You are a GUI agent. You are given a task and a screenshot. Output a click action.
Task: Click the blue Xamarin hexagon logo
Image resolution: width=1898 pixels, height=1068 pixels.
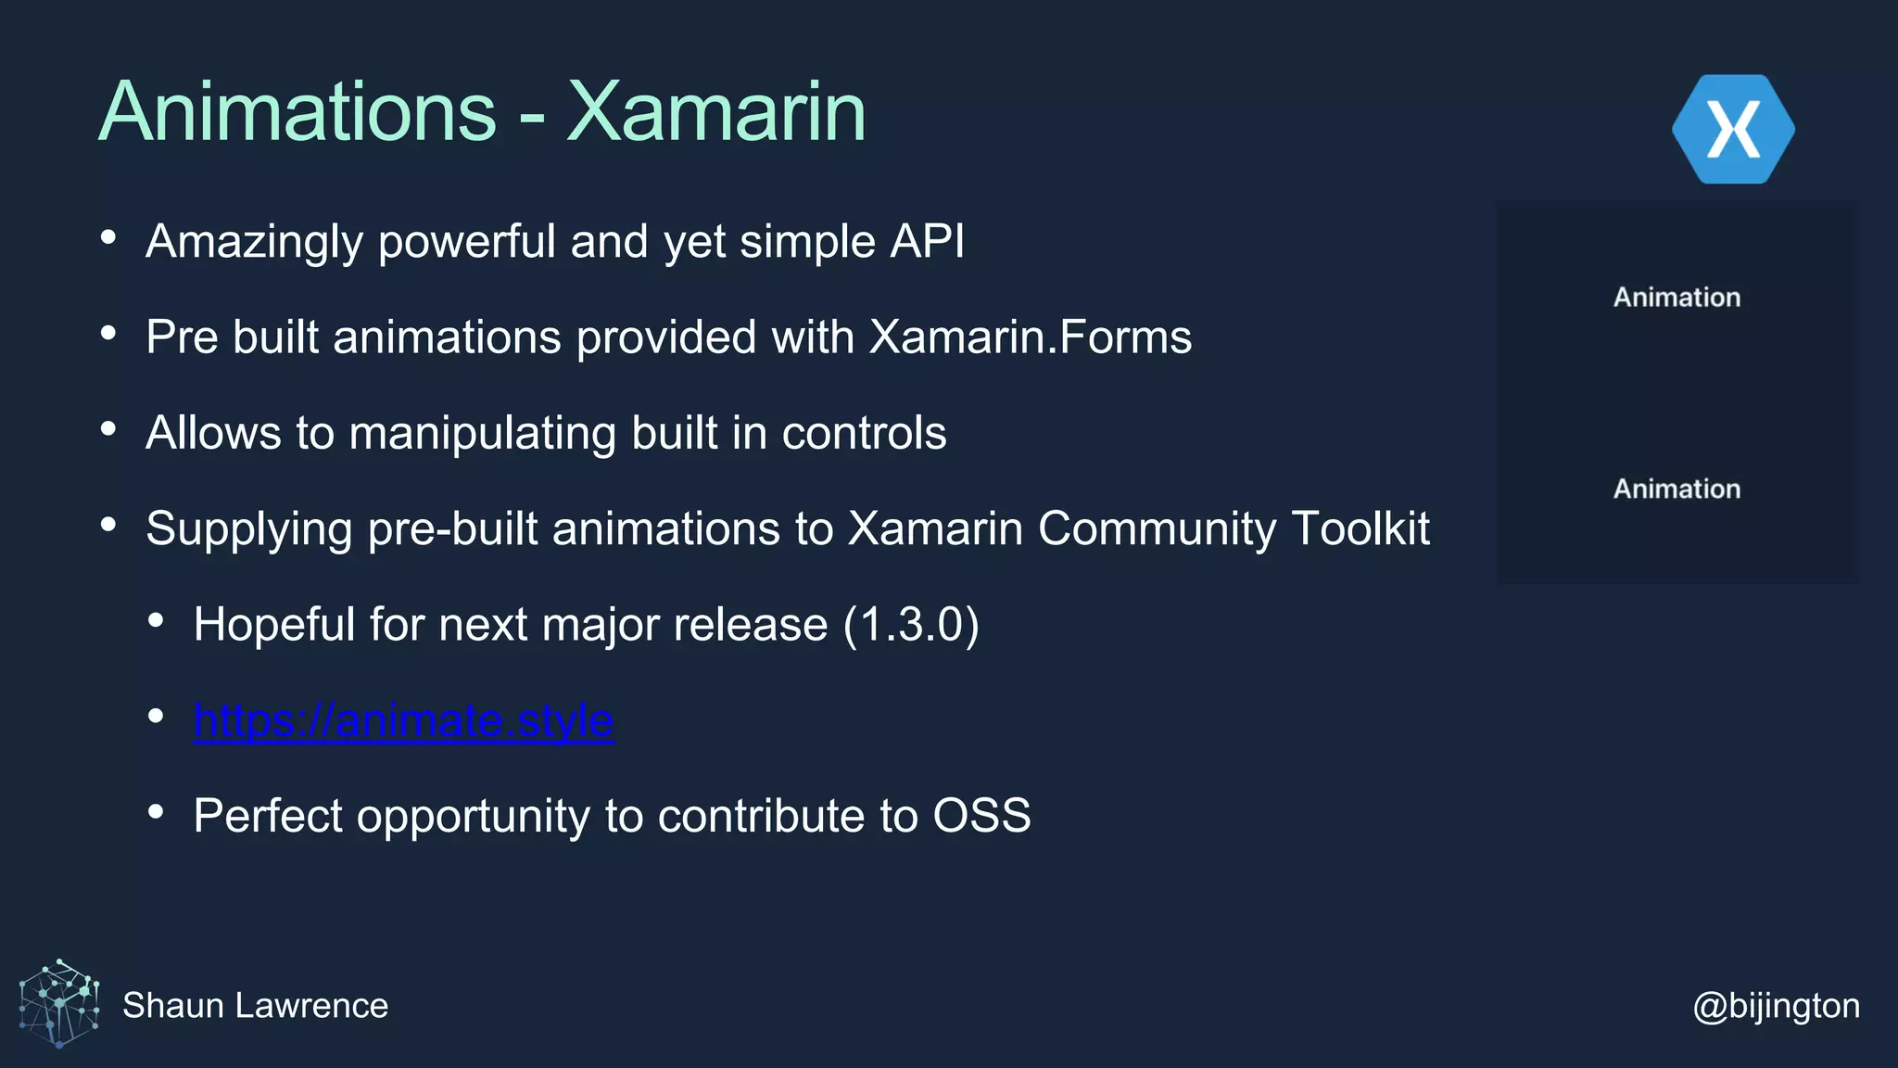point(1733,129)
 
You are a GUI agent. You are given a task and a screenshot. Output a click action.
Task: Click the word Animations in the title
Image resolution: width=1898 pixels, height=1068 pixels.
point(297,112)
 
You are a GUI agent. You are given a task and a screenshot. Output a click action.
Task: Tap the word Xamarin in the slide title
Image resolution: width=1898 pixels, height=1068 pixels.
point(715,112)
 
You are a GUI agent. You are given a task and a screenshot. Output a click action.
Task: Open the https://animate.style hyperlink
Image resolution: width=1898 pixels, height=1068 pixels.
point(403,720)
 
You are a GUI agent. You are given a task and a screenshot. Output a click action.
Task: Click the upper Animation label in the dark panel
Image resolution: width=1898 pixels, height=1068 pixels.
point(1677,298)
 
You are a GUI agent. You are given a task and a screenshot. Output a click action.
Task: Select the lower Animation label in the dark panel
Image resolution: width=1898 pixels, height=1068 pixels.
point(1677,489)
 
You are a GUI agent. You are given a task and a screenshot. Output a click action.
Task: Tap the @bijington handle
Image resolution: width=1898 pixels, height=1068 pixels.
point(1776,1005)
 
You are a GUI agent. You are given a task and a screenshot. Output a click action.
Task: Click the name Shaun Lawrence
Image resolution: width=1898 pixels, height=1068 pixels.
point(255,1005)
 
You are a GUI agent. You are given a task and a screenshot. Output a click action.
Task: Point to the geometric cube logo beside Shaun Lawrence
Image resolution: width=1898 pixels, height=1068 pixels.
point(59,1003)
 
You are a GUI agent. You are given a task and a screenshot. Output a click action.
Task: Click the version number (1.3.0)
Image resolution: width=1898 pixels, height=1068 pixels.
point(911,624)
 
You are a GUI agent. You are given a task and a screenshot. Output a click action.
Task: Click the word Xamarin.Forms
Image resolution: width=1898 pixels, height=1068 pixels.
point(1030,337)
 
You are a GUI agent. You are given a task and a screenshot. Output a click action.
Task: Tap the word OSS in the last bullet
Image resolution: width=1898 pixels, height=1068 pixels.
point(981,816)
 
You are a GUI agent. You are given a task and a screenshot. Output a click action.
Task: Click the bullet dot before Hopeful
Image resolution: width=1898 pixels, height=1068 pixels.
point(156,620)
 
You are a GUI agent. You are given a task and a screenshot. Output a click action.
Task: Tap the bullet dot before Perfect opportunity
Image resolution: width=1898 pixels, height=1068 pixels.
point(156,812)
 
